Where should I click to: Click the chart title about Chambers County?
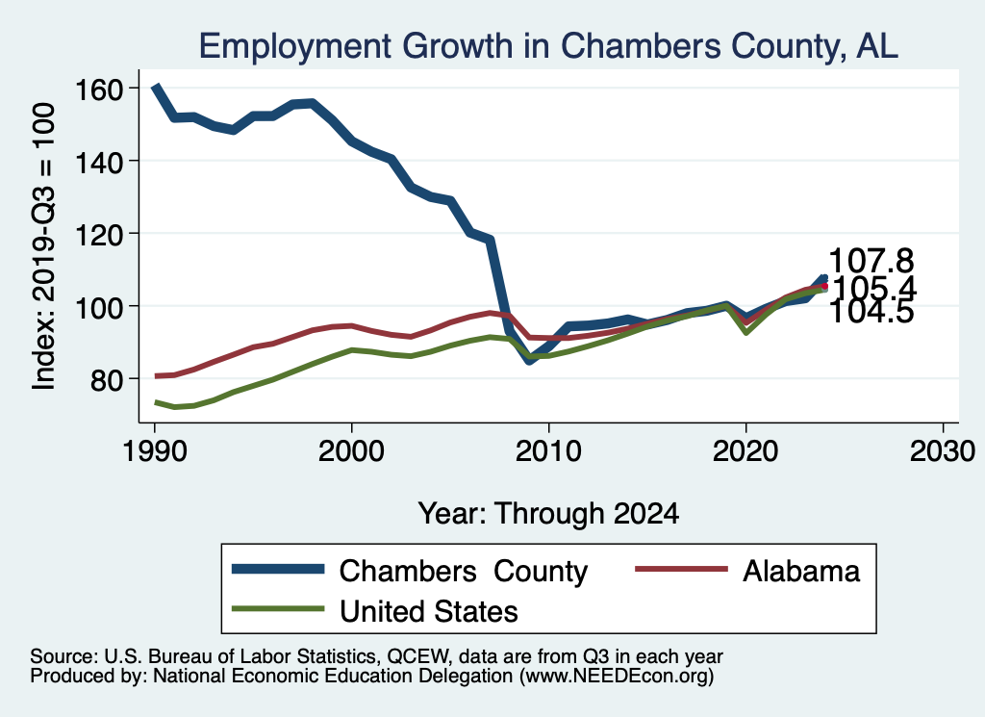(547, 45)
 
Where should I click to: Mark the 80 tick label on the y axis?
(107, 379)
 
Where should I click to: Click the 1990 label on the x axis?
(154, 452)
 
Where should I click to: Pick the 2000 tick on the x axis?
(351, 452)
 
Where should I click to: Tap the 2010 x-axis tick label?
(548, 452)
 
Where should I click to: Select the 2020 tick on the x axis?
(745, 452)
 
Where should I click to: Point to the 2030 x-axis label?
(943, 452)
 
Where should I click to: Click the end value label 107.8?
(871, 261)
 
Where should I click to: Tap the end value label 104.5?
(871, 311)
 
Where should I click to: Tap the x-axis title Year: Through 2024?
(547, 513)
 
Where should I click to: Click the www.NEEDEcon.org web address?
(616, 677)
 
